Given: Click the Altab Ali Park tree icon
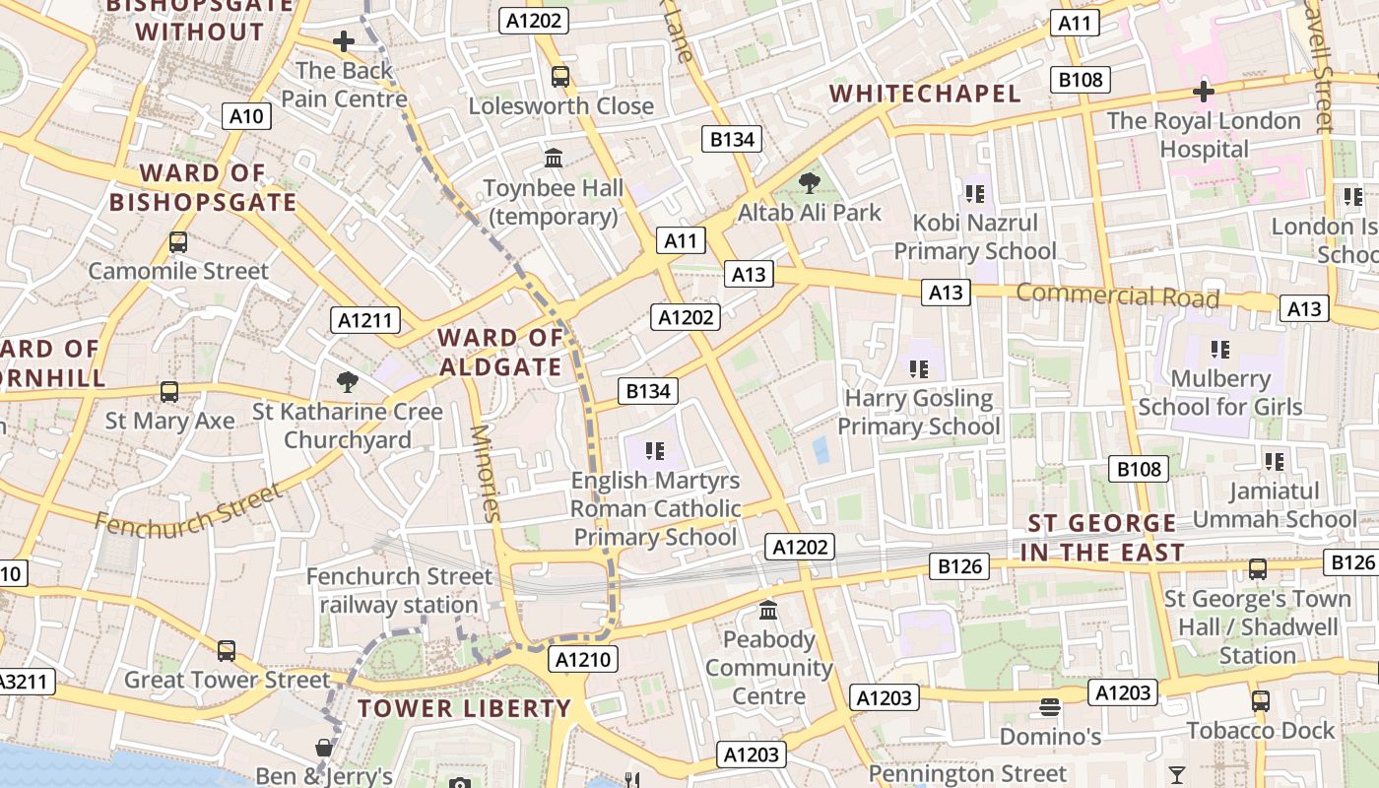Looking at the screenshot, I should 810,182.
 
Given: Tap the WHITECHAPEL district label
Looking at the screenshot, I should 925,94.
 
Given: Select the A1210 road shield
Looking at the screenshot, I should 584,659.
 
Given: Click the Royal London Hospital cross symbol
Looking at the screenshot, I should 1203,92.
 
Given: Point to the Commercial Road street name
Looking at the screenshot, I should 1117,295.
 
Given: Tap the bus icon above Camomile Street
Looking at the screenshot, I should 178,241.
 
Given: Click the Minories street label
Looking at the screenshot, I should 487,472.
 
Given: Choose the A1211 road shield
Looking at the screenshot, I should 364,319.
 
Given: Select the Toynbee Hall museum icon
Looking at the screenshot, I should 554,158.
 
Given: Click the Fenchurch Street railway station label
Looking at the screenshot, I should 399,590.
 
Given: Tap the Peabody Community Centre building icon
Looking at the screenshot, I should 768,611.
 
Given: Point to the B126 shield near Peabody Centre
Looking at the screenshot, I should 960,565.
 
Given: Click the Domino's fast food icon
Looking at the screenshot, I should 1050,707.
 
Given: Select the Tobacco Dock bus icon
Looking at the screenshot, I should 1261,701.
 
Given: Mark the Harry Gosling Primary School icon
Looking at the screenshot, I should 919,369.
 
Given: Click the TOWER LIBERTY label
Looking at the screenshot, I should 464,708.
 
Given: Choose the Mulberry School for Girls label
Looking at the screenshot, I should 1219,392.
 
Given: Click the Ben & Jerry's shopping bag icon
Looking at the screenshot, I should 323,749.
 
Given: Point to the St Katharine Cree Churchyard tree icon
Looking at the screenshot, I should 347,381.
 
